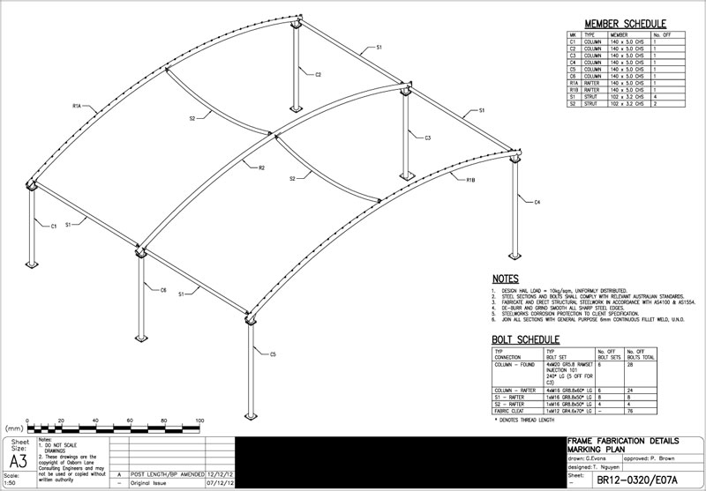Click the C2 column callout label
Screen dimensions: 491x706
coord(319,75)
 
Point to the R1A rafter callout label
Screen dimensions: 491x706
coord(77,106)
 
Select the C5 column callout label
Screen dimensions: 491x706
coord(274,354)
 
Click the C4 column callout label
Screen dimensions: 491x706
coord(537,203)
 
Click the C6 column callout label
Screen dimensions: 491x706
coord(163,289)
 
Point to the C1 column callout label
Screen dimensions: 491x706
coord(54,227)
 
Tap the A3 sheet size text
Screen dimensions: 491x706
coord(18,461)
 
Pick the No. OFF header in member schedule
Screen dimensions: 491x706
coord(663,34)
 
